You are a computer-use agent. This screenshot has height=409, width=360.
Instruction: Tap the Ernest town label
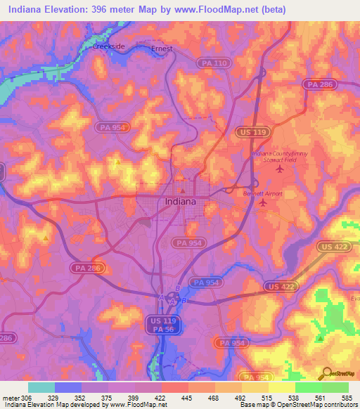click(x=162, y=49)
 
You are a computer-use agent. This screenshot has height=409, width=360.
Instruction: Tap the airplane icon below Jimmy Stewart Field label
click(x=280, y=169)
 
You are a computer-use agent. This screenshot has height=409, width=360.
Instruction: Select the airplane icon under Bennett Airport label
click(x=263, y=203)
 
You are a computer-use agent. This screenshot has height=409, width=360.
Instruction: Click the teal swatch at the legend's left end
click(x=41, y=387)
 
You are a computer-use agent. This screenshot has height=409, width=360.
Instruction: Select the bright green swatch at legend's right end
click(x=335, y=387)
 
